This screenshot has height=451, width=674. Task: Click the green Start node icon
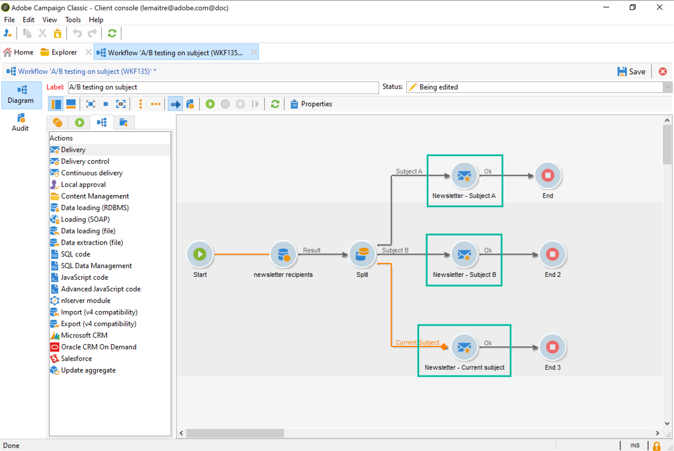[x=200, y=254]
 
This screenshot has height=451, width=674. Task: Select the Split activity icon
[x=362, y=254]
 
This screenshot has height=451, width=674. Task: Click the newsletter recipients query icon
[x=283, y=254]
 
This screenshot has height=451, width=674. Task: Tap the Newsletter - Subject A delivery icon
[x=464, y=175]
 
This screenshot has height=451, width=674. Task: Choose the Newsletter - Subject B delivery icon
[x=464, y=254]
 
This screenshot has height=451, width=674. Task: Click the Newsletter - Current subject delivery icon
[x=464, y=347]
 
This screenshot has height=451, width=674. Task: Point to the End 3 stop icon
[x=552, y=347]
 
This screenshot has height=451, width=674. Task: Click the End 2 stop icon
[x=552, y=254]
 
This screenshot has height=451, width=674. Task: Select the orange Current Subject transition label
[x=417, y=342]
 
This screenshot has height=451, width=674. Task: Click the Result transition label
[x=312, y=250]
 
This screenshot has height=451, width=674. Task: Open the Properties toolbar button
[x=311, y=104]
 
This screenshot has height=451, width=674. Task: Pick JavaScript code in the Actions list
[x=84, y=277]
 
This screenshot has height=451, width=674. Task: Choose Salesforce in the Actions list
[x=76, y=359]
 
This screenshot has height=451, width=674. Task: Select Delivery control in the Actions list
[x=85, y=161]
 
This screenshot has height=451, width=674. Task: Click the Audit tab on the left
[x=20, y=122]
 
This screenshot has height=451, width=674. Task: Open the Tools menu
[x=73, y=20]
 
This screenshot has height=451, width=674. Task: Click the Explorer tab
[x=64, y=52]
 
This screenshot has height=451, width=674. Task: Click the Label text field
[x=223, y=87]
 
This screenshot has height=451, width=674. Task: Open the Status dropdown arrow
[x=668, y=87]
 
